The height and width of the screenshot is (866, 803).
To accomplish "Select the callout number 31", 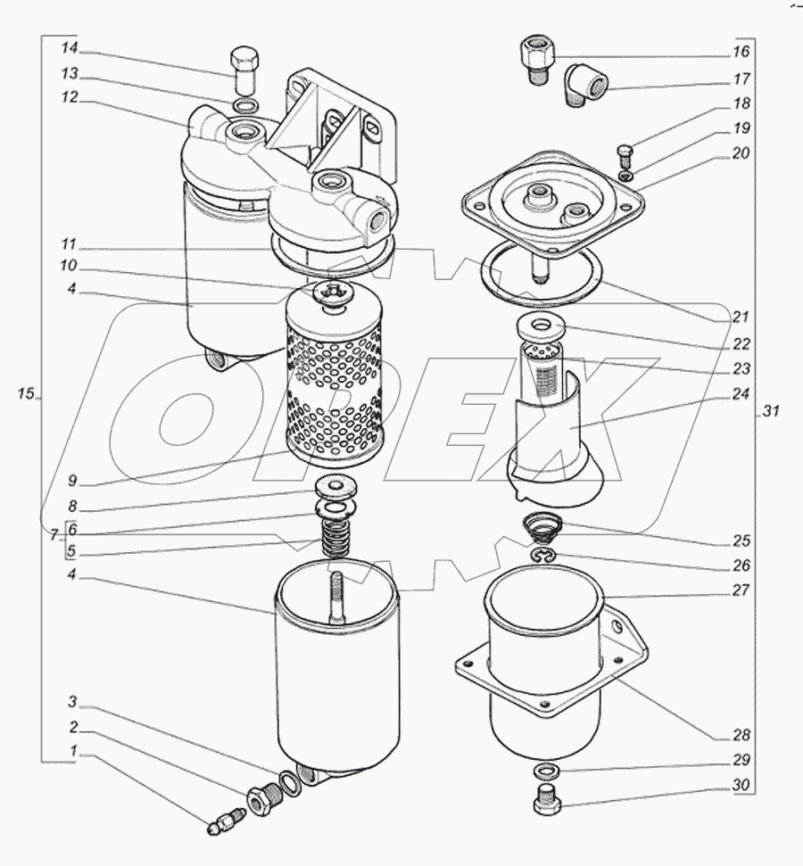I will click(x=771, y=411).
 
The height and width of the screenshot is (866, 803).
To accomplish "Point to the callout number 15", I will click(x=26, y=393).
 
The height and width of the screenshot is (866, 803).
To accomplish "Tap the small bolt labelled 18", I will click(x=624, y=155).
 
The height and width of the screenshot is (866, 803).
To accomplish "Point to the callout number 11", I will click(x=70, y=243).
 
